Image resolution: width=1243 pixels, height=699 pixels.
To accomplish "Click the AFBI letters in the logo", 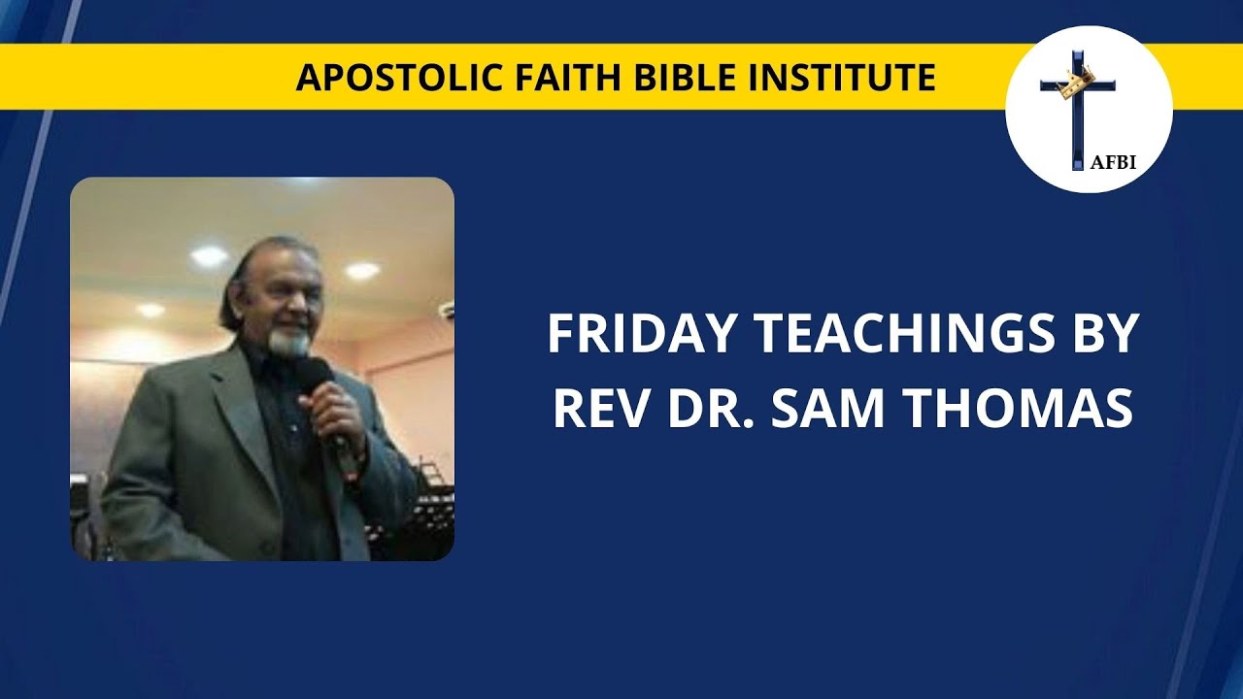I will tap(1115, 163).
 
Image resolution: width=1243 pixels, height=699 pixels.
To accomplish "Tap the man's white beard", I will tap(290, 342).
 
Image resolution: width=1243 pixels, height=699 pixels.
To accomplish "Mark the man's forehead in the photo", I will tap(286, 270).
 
